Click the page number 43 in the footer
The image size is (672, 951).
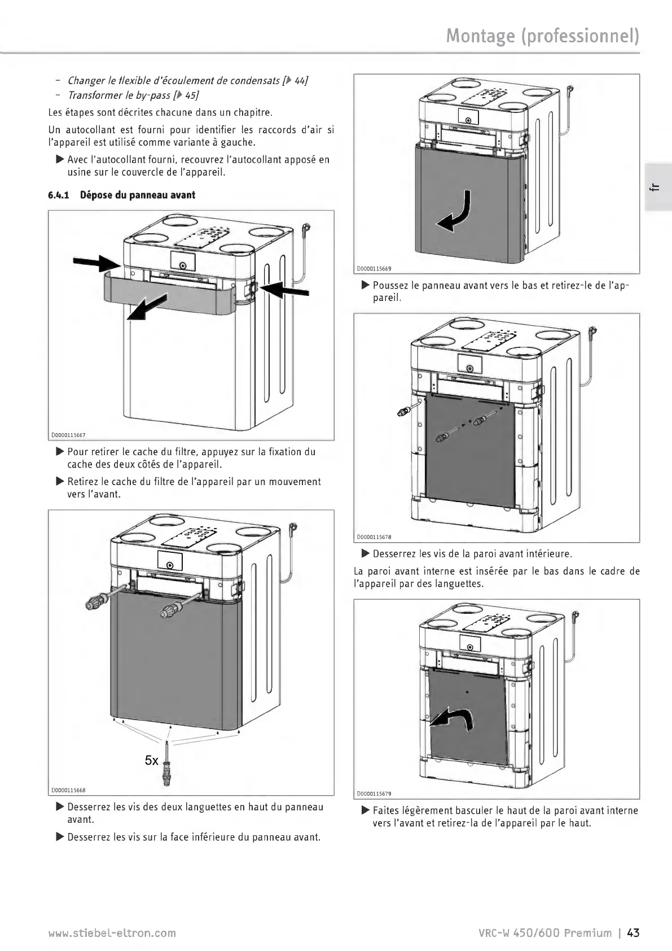coord(633,932)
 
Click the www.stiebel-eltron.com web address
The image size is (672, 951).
coord(112,932)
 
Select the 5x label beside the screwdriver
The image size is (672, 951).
coord(151,761)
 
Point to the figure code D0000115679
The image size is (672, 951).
coord(374,793)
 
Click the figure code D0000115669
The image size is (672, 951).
coord(374,269)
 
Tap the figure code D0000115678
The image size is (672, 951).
coord(374,537)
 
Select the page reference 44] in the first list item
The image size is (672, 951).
coord(300,80)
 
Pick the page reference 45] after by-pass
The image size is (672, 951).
coord(192,95)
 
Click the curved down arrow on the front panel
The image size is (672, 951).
coord(458,213)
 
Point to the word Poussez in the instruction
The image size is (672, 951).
coord(390,285)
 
